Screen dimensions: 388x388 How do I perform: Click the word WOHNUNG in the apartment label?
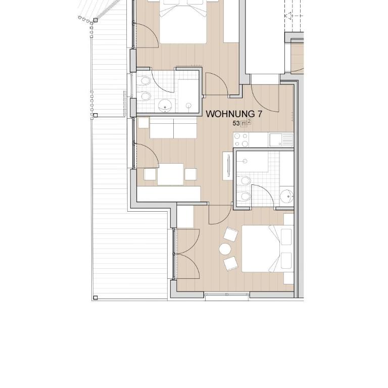tap(230, 114)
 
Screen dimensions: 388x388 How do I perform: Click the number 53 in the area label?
tap(236, 123)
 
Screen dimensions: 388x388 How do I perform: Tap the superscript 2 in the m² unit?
tap(249, 121)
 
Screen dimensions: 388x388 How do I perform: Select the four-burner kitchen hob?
tap(241, 140)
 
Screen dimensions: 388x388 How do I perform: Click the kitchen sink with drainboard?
tap(281, 140)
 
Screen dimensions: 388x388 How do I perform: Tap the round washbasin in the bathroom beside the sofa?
tap(165, 106)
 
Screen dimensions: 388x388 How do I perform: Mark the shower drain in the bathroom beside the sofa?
tap(189, 106)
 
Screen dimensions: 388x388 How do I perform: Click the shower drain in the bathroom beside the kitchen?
tap(245, 161)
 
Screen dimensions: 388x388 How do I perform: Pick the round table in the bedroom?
tap(225, 249)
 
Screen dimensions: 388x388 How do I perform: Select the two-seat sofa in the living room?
tap(173, 128)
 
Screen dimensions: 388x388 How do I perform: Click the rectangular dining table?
tap(170, 174)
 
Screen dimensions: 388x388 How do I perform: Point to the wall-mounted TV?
tap(228, 166)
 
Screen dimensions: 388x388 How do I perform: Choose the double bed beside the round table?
tap(268, 249)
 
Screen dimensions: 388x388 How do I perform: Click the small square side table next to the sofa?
tap(143, 123)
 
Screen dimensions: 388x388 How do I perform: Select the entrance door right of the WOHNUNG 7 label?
tap(265, 98)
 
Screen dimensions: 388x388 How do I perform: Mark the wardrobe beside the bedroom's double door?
tap(185, 217)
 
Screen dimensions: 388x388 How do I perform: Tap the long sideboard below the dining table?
tap(169, 194)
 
